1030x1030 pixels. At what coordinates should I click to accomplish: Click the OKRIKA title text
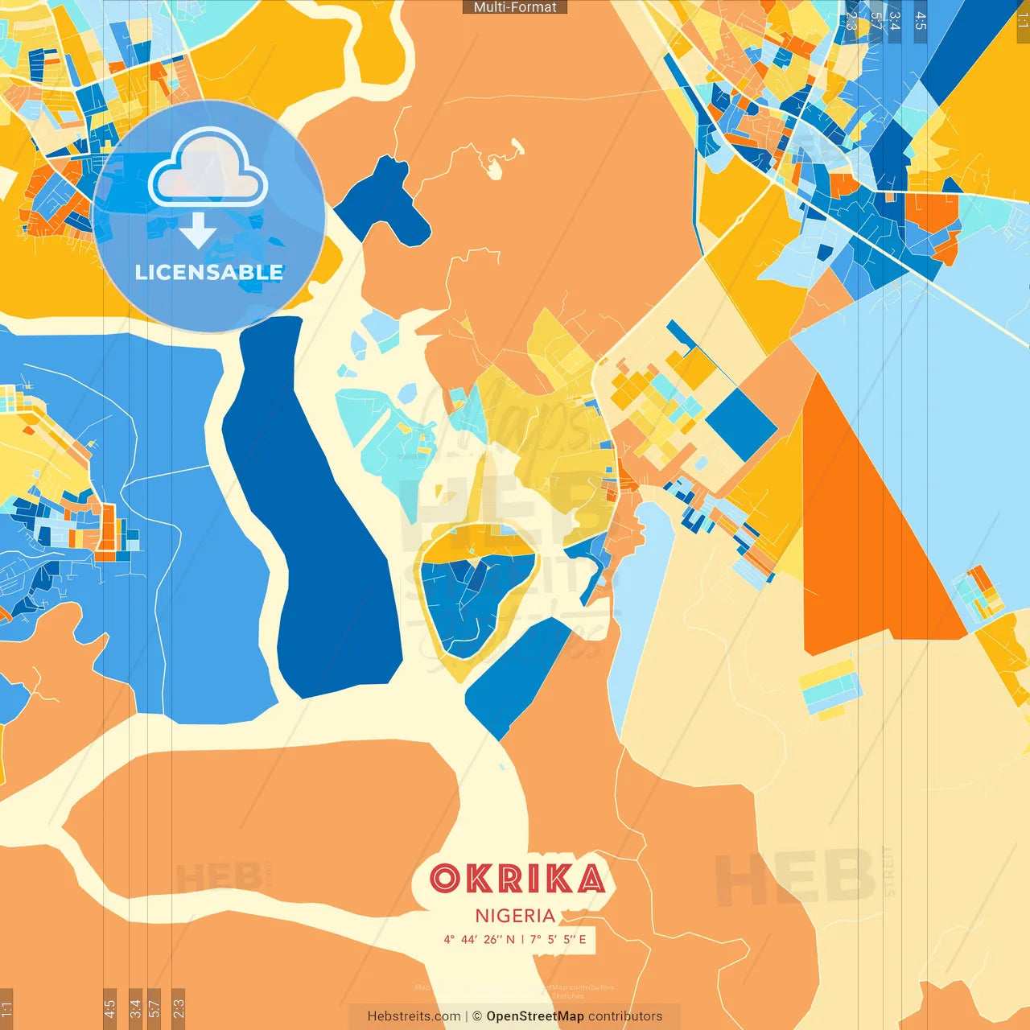tap(517, 879)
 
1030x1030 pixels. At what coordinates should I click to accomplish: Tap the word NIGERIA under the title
tap(515, 916)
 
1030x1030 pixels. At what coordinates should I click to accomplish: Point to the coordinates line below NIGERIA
tap(515, 939)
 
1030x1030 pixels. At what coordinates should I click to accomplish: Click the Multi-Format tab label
tap(515, 7)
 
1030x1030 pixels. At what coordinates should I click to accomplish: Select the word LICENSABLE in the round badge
tap(209, 272)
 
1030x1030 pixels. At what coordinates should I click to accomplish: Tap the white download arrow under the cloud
tap(198, 231)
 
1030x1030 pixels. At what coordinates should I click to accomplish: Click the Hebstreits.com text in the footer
tap(414, 1016)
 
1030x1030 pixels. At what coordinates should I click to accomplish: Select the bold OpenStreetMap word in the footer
tap(534, 1016)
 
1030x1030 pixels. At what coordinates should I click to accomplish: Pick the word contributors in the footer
tap(625, 1016)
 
